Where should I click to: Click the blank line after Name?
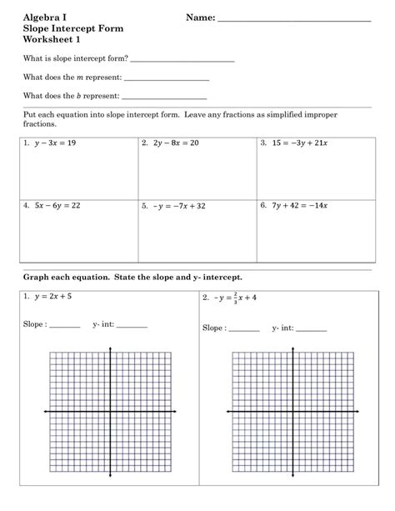[x=293, y=18]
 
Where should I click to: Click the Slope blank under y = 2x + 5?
[x=65, y=325]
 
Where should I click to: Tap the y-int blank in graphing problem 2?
[x=311, y=329]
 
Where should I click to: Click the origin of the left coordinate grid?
[x=112, y=412]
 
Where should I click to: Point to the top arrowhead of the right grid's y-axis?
[x=293, y=343]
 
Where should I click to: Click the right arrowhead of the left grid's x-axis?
[x=178, y=412]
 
